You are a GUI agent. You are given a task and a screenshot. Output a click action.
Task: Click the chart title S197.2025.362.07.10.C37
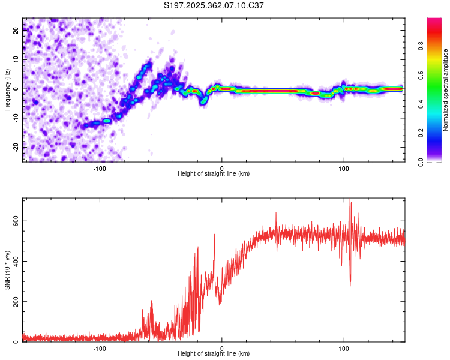pos(214,5)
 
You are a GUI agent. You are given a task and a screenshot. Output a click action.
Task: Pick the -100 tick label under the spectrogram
pos(100,167)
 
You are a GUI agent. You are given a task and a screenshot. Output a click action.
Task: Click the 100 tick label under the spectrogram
pos(344,167)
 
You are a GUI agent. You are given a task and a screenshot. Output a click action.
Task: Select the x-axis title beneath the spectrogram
pos(214,174)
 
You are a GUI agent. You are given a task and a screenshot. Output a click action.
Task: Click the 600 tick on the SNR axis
pos(16,221)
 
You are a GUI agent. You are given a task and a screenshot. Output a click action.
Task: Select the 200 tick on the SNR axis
pos(16,302)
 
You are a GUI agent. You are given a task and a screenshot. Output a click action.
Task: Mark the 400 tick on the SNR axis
pos(16,261)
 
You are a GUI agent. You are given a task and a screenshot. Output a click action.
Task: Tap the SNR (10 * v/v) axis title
pos(7,272)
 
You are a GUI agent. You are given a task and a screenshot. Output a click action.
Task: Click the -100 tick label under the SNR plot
pos(100,349)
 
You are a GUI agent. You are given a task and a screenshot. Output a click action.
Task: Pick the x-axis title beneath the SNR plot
pos(214,355)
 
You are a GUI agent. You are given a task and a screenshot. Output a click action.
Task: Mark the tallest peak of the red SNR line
pos(350,202)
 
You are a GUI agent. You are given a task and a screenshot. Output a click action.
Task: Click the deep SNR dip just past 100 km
pos(350,285)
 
